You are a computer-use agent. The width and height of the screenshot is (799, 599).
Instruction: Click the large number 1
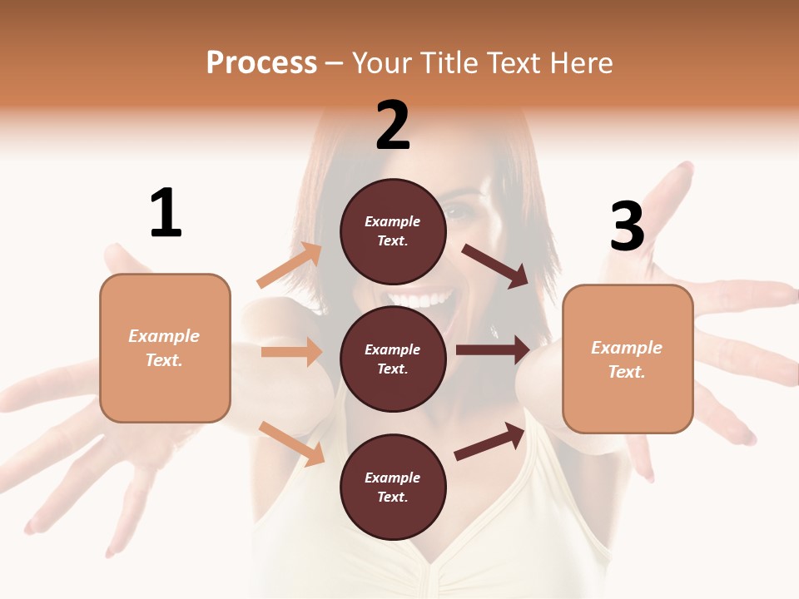click(166, 213)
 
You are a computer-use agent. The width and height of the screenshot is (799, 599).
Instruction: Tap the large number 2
click(393, 125)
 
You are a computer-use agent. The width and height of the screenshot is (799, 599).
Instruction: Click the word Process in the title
click(261, 62)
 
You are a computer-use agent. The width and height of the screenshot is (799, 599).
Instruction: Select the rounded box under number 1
click(165, 348)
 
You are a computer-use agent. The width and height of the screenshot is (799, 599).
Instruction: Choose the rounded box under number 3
click(628, 359)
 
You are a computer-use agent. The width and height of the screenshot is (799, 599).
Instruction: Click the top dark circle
click(393, 231)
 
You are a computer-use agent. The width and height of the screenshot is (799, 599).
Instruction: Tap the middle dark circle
click(393, 359)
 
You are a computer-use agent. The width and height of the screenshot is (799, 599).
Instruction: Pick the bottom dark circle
click(393, 487)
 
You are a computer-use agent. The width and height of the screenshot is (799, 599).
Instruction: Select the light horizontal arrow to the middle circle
click(291, 352)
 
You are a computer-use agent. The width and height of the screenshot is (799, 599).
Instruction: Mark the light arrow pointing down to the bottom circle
click(291, 443)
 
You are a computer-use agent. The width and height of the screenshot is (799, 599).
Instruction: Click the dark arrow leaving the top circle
click(496, 265)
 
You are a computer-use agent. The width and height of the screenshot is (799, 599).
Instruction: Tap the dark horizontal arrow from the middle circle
click(493, 350)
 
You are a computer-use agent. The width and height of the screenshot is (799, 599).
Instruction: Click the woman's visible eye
click(457, 211)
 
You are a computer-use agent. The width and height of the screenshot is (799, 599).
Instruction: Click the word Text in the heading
click(513, 62)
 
